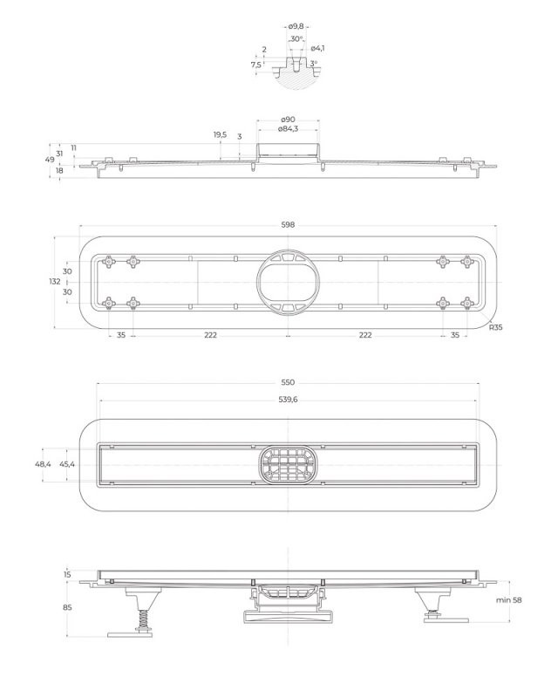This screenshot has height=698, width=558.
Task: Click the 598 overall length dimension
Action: (x=288, y=224)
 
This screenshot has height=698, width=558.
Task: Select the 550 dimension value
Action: (x=288, y=382)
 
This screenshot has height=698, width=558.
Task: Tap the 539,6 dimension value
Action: (x=288, y=399)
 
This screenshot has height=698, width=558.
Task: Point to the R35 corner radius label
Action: (x=496, y=327)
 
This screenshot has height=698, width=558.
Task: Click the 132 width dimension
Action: (x=55, y=282)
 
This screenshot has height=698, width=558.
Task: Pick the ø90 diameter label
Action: (x=287, y=120)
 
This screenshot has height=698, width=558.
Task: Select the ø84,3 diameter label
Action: (x=288, y=129)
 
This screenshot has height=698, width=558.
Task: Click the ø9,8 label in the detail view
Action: (x=297, y=27)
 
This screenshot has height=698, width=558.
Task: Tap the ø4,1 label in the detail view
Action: (x=318, y=48)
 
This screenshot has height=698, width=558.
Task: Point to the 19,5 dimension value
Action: (x=220, y=135)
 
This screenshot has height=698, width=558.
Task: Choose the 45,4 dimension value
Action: (x=67, y=464)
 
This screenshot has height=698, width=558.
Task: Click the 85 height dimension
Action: (x=67, y=607)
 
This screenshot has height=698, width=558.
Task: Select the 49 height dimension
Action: (x=50, y=160)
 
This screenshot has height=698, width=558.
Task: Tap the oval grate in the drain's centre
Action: (x=288, y=463)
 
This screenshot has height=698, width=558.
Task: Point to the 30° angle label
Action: (x=296, y=39)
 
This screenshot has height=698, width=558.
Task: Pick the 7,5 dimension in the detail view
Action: (x=255, y=65)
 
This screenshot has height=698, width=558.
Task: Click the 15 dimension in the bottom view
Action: (x=67, y=575)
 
